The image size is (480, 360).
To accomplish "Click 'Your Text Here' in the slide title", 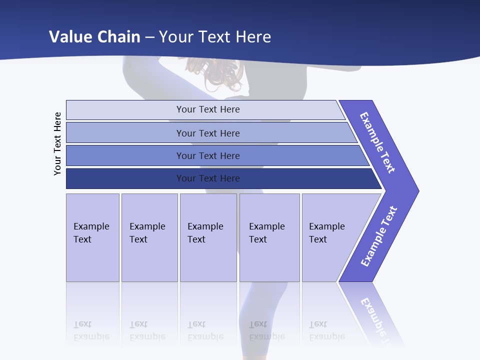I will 215,37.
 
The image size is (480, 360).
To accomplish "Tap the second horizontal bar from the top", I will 208,133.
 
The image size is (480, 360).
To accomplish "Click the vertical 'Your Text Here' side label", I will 57,143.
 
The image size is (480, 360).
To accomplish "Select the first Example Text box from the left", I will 92,237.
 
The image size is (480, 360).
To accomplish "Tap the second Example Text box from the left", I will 149,237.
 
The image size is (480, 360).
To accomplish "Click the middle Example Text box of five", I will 208,237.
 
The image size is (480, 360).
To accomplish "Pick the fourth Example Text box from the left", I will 269,237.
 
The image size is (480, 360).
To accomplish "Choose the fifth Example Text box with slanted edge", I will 330,237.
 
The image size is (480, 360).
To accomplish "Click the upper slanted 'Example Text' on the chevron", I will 378,142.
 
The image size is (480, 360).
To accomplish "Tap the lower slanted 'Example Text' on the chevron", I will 379,236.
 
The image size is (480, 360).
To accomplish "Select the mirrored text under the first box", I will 91,330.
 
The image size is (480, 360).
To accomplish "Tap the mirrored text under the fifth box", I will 327,330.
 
